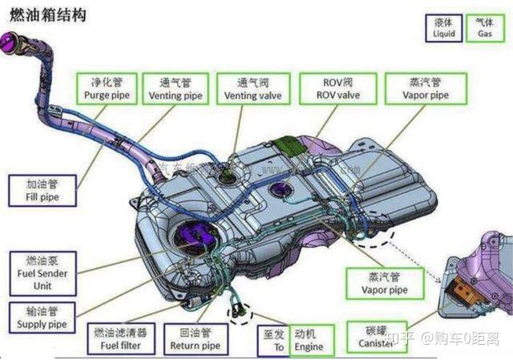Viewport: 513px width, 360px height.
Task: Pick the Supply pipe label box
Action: coord(41,318)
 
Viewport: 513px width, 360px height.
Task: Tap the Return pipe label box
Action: coord(195,339)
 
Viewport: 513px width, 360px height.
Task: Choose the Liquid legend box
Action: coord(444,28)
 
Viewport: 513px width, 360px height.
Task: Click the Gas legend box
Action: coord(484,28)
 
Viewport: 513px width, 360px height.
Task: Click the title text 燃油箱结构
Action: coord(47,14)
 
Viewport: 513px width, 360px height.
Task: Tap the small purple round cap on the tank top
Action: coord(281,190)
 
